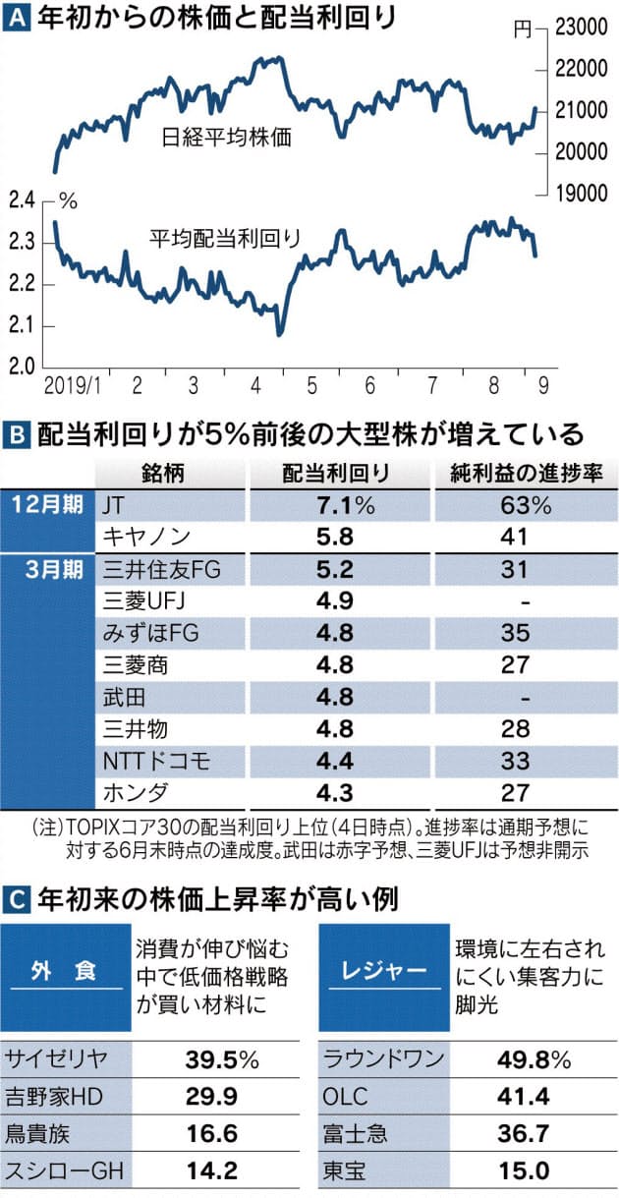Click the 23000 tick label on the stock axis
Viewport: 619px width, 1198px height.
(x=579, y=29)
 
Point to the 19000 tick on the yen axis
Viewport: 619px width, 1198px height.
(x=579, y=194)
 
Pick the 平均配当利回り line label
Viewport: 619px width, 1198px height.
(x=224, y=237)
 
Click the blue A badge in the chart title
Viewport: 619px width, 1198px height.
(x=17, y=17)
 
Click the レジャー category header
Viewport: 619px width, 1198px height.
(x=377, y=971)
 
